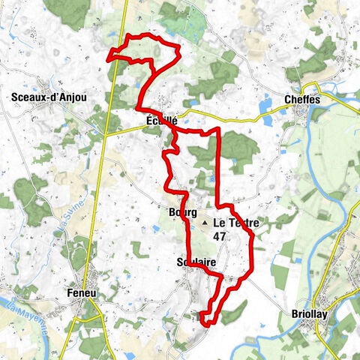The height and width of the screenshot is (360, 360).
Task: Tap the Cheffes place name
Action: tap(302, 98)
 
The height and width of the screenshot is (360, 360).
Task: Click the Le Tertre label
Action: tap(235, 223)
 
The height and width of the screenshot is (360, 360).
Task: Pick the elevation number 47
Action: tap(220, 235)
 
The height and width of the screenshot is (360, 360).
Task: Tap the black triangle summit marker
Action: tap(202, 223)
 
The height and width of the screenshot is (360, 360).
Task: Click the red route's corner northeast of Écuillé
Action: tap(218, 129)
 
